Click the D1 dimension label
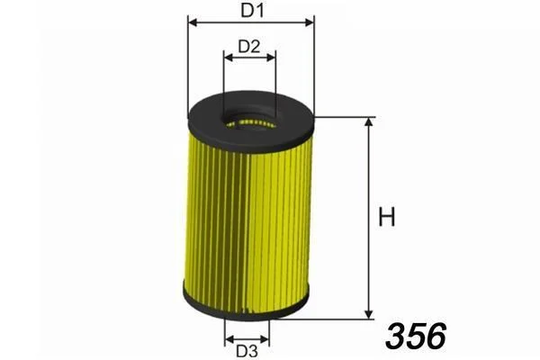(252, 10)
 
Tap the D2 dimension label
(249, 47)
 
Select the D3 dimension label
(247, 351)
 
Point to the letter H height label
(387, 217)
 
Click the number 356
(416, 335)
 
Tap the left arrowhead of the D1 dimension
(193, 22)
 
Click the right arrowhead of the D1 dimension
(309, 22)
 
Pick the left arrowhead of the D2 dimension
(229, 58)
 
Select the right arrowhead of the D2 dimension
(271, 58)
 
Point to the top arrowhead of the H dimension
(369, 122)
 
